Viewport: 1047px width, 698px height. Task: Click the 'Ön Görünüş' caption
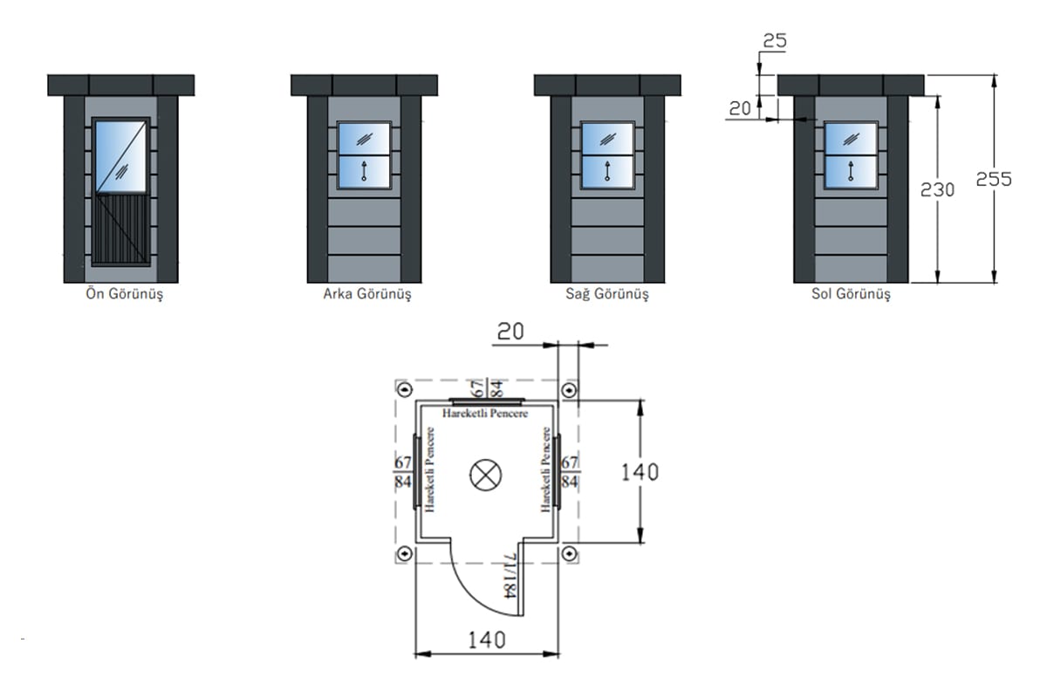[x=120, y=294]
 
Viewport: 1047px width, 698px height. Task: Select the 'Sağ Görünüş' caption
[x=607, y=294]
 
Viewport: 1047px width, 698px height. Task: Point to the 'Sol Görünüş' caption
[x=851, y=294]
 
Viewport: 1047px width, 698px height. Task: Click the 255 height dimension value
[x=994, y=179]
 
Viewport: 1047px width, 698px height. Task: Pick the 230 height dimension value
[x=938, y=188]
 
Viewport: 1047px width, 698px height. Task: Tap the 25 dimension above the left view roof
[x=776, y=39]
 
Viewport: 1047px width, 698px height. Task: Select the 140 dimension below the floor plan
[x=485, y=640]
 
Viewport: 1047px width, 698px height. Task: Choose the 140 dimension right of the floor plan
[x=640, y=472]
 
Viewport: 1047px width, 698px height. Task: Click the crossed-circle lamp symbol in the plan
[x=484, y=475]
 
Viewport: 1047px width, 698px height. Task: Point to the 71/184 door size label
[x=510, y=576]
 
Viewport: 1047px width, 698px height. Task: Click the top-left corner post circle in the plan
[x=404, y=389]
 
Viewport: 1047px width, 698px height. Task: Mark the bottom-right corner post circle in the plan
[x=568, y=553]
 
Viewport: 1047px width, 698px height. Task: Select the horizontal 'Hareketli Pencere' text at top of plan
[x=485, y=412]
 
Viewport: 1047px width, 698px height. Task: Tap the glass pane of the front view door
[x=120, y=155]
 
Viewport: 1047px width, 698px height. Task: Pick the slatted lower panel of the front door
[x=120, y=228]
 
